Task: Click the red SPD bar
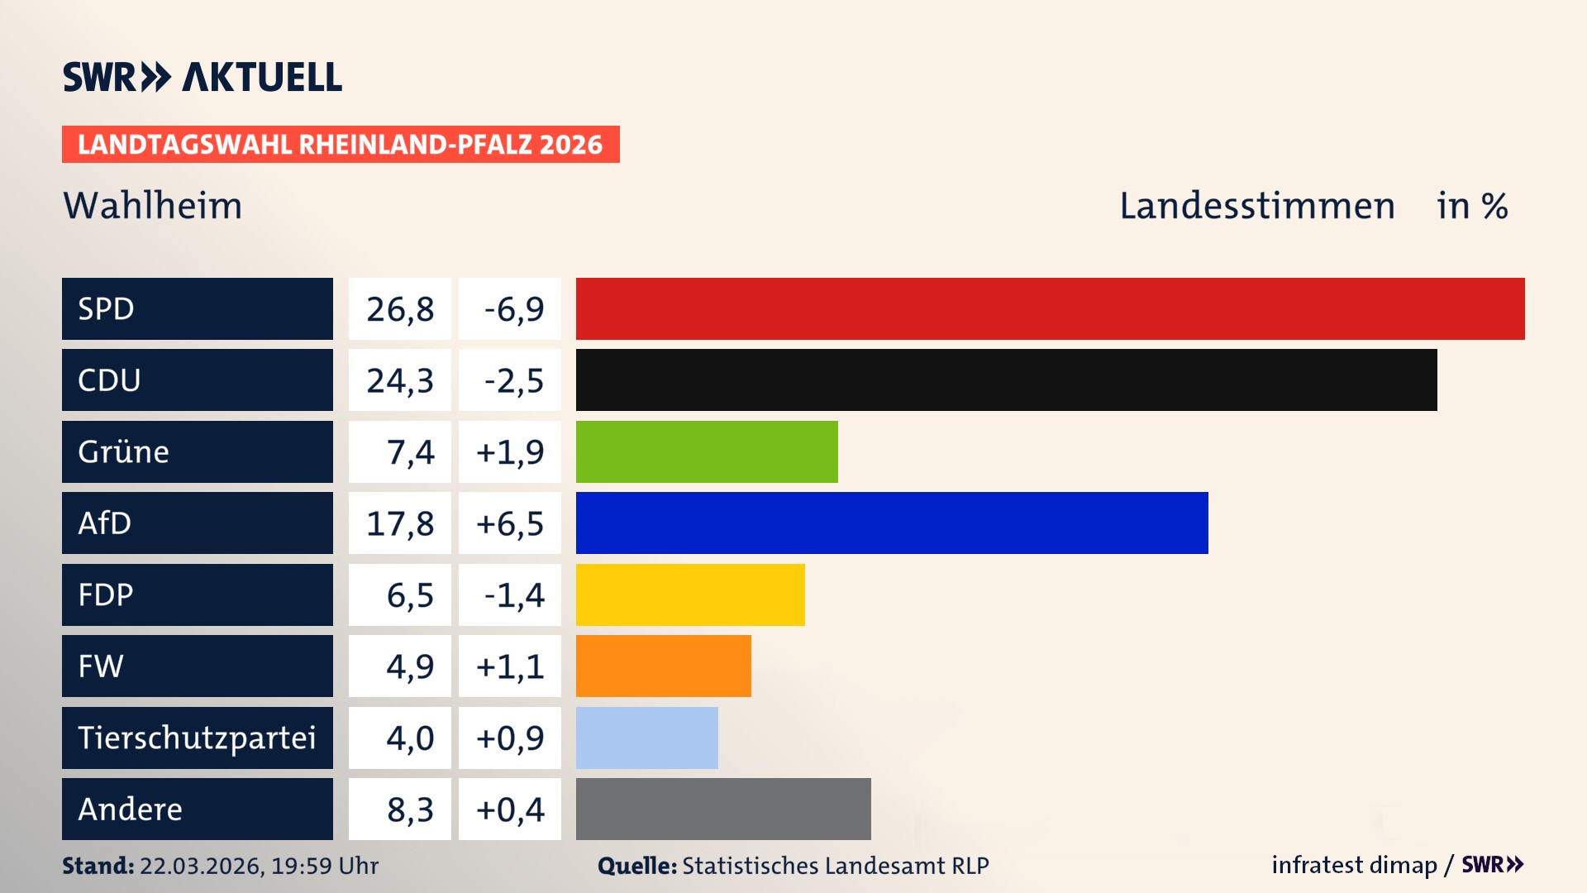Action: coord(1050,308)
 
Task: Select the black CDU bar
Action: coord(1006,380)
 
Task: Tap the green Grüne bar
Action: coord(707,451)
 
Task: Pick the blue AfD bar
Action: coord(892,523)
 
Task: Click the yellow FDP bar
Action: coord(690,595)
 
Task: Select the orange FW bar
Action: coord(663,666)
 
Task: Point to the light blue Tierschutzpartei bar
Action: coord(646,738)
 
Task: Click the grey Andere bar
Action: coord(723,809)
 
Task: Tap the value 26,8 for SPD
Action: coord(400,309)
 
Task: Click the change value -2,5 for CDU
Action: coord(512,380)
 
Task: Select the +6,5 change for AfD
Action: coord(510,523)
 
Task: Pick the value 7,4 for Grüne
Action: coord(410,452)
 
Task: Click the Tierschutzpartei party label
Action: coord(197,738)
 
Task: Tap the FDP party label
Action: coord(106,595)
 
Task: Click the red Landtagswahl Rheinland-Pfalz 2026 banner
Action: coord(340,145)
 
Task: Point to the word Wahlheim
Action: coord(153,206)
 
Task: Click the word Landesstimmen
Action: coord(1256,206)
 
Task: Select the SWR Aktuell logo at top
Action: coord(203,77)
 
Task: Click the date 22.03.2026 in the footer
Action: coord(201,866)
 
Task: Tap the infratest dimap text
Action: coord(1353,865)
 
